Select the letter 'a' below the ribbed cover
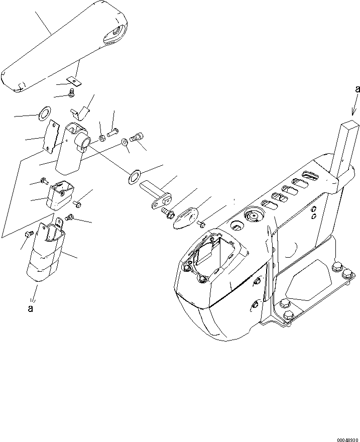click(31, 308)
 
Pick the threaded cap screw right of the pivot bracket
click(136, 136)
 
